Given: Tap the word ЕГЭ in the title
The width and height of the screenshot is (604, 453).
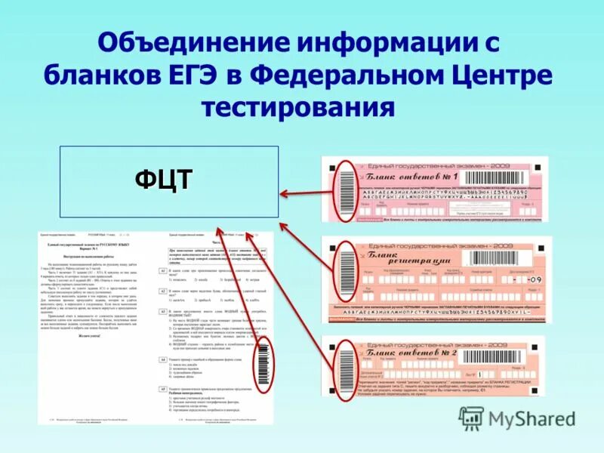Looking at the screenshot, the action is point(218,75).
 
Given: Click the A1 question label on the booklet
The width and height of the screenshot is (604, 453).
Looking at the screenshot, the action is point(162,270).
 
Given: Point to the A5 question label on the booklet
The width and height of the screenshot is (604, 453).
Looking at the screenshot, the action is point(162,388).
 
